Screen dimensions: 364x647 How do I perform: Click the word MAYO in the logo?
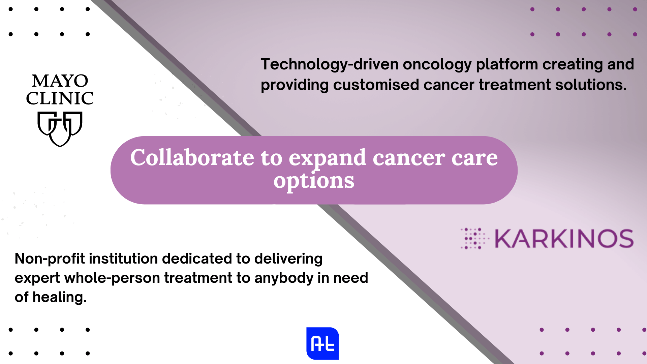coord(60,81)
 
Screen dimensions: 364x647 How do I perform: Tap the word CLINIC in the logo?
coord(60,98)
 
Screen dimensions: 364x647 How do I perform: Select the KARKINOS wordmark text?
coord(564,239)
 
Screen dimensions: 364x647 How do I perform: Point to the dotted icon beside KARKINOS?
coord(474,239)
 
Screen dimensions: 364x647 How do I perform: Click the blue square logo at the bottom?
coord(322,343)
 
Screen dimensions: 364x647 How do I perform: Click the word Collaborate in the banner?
coord(192,158)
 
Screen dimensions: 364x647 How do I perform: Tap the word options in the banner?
coord(314,181)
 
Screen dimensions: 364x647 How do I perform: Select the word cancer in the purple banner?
coord(409,158)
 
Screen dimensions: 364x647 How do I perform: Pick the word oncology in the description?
coord(437,65)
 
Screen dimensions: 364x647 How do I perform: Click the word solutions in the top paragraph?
coord(590,85)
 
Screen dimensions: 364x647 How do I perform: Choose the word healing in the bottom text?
coord(59,297)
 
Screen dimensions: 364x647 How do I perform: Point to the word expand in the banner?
coord(327,158)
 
